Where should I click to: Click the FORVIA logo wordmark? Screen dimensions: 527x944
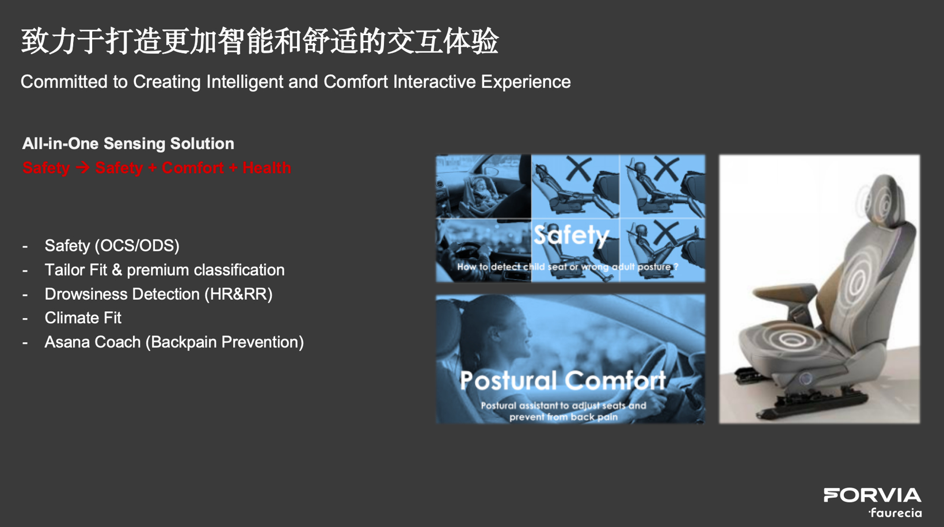coord(872,495)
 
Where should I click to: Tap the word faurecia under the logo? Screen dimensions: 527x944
coord(896,512)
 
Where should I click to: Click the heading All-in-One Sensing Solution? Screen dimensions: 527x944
coord(128,143)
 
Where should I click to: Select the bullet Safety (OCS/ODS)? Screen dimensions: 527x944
coord(112,246)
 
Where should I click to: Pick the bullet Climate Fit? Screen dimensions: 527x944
coord(83,318)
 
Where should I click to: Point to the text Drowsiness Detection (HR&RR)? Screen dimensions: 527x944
coord(158,294)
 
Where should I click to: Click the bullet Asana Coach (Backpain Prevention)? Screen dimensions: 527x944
coord(174,342)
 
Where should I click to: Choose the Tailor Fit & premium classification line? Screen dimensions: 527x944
coord(164,270)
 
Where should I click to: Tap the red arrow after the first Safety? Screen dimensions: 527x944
coord(82,168)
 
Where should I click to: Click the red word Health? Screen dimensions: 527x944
coord(267,168)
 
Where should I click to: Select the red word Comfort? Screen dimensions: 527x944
coord(192,168)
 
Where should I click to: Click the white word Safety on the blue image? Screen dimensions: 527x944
coord(570,235)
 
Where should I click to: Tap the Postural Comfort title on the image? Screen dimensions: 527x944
coord(562,380)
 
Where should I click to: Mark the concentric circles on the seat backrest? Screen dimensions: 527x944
coord(858,282)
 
